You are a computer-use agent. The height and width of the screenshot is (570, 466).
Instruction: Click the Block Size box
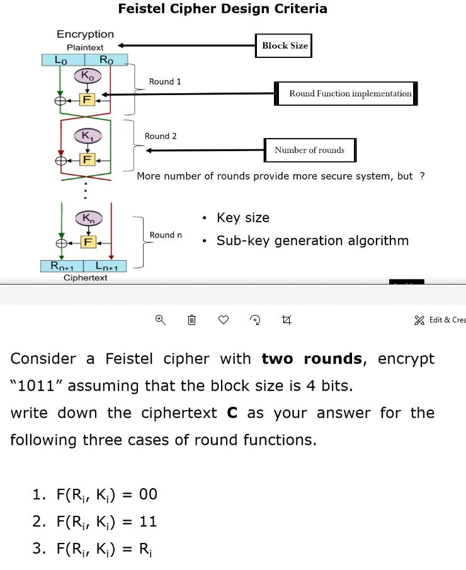(285, 46)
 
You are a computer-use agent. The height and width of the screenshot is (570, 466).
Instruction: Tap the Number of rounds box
(309, 150)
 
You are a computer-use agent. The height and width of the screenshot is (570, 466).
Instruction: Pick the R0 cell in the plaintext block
(106, 60)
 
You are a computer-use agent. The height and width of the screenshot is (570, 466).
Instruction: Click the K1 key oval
(86, 136)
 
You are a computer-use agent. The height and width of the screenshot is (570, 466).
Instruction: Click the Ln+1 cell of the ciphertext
(106, 266)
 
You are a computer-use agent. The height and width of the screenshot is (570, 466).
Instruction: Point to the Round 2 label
(161, 136)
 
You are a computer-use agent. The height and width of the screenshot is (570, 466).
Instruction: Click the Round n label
(166, 235)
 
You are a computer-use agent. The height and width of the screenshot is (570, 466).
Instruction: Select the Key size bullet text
(242, 218)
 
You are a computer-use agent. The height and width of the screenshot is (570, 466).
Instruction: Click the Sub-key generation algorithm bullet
(312, 241)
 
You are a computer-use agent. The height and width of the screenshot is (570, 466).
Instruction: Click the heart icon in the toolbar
(223, 321)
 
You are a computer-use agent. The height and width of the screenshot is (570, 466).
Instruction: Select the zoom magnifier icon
(160, 321)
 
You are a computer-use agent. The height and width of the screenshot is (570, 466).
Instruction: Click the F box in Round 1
(86, 99)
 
